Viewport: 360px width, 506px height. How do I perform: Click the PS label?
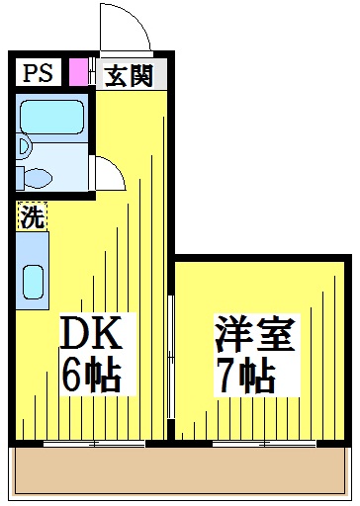tap(38, 73)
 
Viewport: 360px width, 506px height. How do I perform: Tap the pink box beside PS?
tap(78, 71)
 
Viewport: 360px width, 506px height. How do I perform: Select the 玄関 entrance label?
tap(129, 76)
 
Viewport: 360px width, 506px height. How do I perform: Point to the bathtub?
tap(51, 117)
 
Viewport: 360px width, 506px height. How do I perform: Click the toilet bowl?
tap(39, 179)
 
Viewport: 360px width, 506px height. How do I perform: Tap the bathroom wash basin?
tap(24, 146)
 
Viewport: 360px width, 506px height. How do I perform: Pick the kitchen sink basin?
tap(34, 283)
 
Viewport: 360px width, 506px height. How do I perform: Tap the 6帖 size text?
tap(92, 375)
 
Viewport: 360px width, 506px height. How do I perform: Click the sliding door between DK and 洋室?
tap(170, 358)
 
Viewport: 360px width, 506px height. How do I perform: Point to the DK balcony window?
tap(94, 444)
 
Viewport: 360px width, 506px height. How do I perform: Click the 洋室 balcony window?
tap(264, 444)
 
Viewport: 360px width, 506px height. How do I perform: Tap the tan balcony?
tap(180, 470)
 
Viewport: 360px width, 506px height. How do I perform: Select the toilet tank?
tap(20, 178)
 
